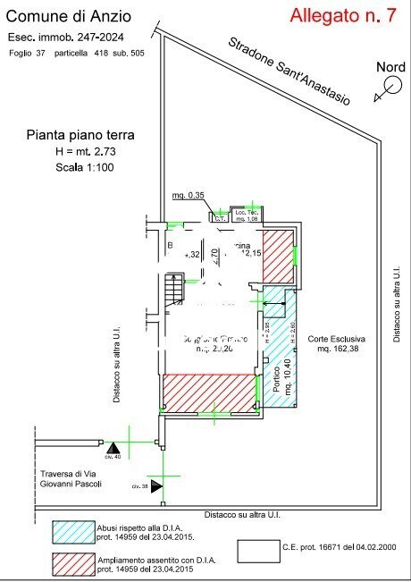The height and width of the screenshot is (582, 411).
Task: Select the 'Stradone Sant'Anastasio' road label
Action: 288,70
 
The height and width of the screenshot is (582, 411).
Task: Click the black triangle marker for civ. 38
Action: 157,485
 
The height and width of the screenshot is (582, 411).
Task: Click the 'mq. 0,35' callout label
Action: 189,196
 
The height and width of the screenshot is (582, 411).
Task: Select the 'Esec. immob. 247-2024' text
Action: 65,37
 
